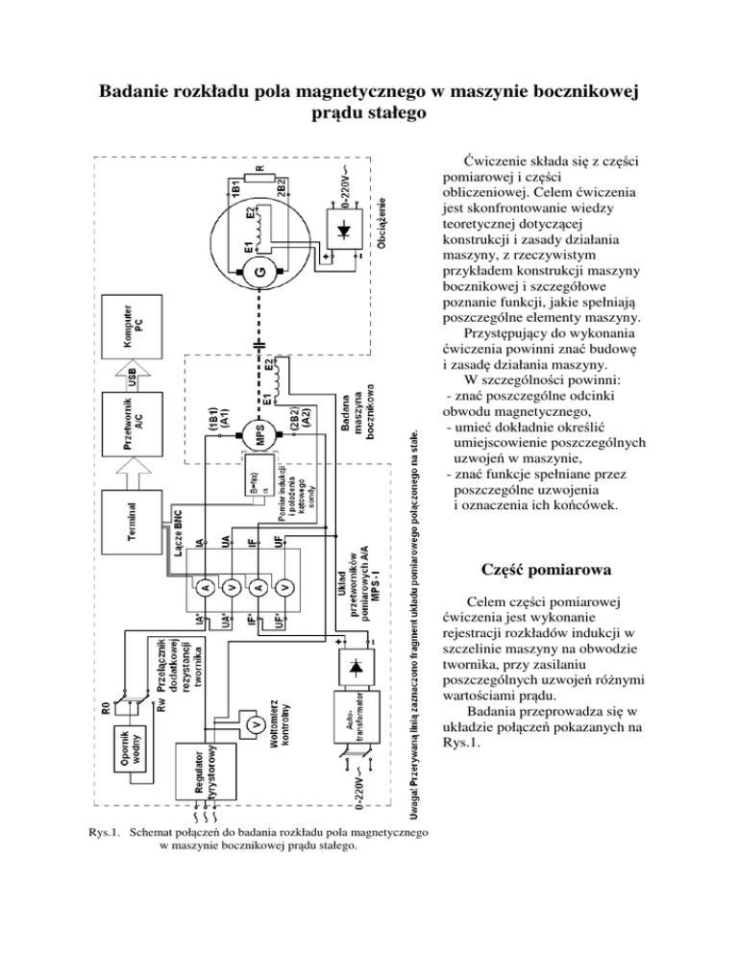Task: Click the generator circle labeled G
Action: click(258, 275)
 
